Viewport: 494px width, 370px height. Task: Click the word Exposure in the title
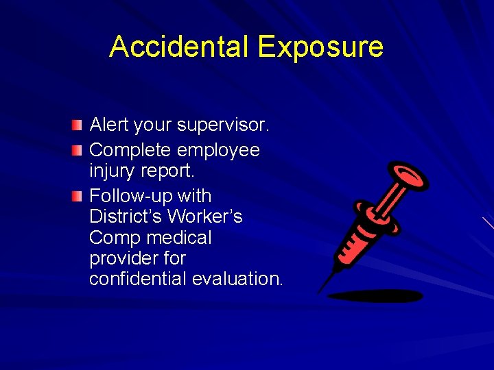tap(320, 47)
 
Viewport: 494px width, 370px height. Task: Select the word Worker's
tap(205, 217)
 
